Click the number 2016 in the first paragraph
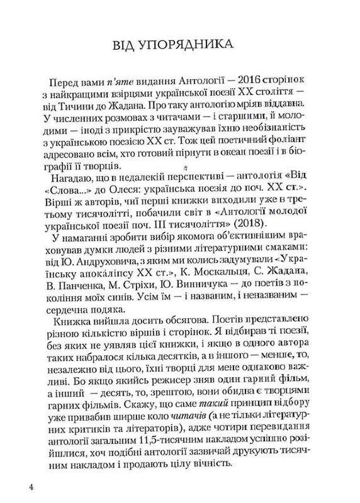coord(227,88)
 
